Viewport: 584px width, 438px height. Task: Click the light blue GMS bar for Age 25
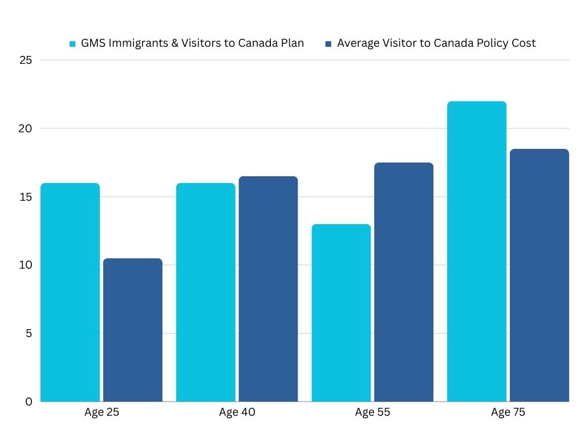(x=70, y=292)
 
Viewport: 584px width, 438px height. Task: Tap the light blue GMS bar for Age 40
(x=205, y=292)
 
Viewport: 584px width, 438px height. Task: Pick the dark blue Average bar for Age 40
(x=268, y=289)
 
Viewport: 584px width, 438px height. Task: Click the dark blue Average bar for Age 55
(x=404, y=282)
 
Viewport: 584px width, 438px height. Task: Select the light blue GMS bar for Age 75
(x=477, y=251)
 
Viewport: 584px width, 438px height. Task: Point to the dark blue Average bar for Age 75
(x=539, y=275)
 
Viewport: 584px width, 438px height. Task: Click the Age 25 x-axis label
(x=102, y=412)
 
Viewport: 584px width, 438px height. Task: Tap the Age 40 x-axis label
(x=237, y=412)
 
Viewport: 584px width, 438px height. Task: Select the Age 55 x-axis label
(x=372, y=412)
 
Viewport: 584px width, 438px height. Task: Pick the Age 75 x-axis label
(x=508, y=412)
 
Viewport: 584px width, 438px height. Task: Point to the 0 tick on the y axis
(x=28, y=401)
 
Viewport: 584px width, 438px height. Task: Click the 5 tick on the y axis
(x=28, y=333)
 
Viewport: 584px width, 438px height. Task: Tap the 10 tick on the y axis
(x=25, y=265)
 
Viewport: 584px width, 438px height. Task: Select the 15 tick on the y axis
(x=25, y=197)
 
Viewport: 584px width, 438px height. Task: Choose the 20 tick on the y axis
(x=25, y=128)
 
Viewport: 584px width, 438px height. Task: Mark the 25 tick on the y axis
(x=25, y=60)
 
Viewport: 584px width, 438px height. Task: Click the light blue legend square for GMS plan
(x=72, y=43)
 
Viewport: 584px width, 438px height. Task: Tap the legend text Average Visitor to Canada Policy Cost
(x=436, y=43)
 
